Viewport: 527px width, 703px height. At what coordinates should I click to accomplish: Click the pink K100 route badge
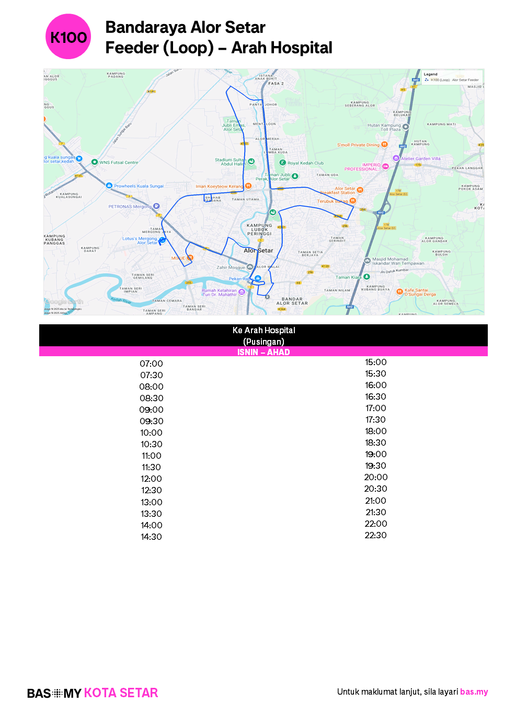click(x=68, y=37)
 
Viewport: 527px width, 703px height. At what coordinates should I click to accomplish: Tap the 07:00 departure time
click(x=151, y=364)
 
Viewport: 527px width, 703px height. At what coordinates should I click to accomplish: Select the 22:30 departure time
click(x=375, y=535)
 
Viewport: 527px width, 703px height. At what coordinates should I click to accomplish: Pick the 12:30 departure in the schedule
click(x=151, y=490)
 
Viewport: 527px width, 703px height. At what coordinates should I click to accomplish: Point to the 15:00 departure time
click(x=375, y=362)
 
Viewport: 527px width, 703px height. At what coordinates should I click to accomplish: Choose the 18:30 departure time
click(x=375, y=443)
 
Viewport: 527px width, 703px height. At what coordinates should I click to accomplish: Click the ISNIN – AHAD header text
click(x=263, y=352)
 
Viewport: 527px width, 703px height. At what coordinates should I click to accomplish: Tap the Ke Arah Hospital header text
click(x=263, y=330)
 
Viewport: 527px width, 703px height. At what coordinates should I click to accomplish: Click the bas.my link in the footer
click(x=474, y=691)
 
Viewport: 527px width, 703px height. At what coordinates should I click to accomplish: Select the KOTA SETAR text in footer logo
click(x=121, y=693)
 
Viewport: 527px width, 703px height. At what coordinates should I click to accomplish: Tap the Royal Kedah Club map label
click(x=305, y=163)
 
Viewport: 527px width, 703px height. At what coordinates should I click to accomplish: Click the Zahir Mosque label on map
click(x=231, y=267)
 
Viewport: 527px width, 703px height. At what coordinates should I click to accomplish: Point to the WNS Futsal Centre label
click(x=119, y=162)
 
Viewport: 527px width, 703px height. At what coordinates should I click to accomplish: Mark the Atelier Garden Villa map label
click(x=420, y=158)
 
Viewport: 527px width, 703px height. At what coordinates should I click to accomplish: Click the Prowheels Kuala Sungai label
click(x=139, y=186)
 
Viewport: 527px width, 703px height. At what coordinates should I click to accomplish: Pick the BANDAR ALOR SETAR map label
click(x=292, y=301)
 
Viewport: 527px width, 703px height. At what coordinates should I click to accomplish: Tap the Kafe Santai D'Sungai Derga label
click(x=416, y=292)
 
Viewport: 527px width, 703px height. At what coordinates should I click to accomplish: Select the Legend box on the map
click(x=451, y=77)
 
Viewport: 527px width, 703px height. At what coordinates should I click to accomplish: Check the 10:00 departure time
click(x=151, y=433)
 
